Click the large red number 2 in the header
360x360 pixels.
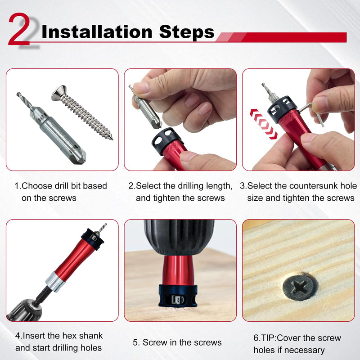[19, 29]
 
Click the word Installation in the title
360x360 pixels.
[97, 31]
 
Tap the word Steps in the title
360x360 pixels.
[187, 32]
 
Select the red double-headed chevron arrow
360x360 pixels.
[263, 124]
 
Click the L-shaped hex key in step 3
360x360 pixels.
[313, 112]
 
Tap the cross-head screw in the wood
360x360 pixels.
[300, 287]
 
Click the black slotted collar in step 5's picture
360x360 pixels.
[178, 296]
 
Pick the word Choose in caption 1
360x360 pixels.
[37, 186]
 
